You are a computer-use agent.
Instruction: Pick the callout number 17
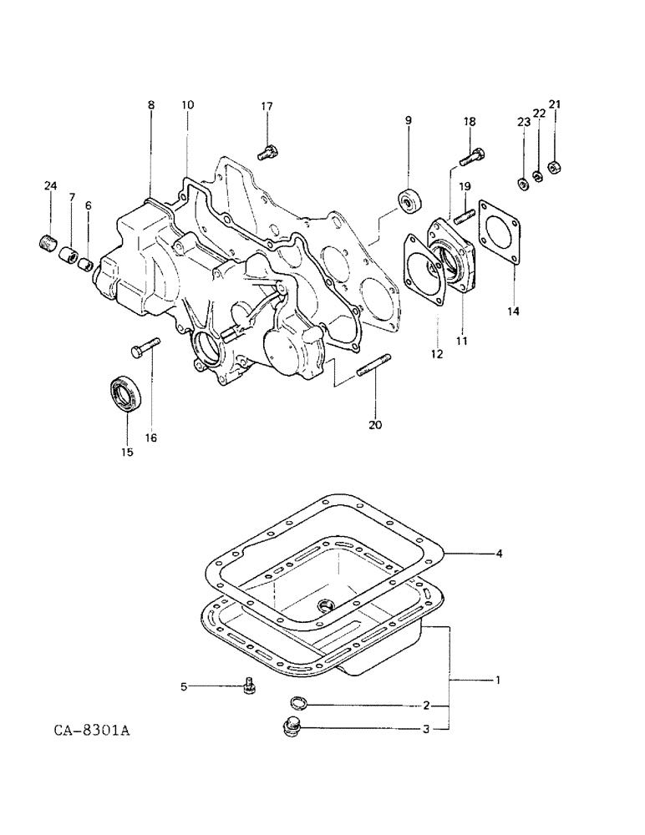coord(267,106)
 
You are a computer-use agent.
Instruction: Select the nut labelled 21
coord(553,169)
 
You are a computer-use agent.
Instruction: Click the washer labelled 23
coord(522,184)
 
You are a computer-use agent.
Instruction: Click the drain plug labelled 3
coord(292,731)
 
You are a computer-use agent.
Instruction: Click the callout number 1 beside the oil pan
coord(498,681)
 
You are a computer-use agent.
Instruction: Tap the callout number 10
coord(187,105)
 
